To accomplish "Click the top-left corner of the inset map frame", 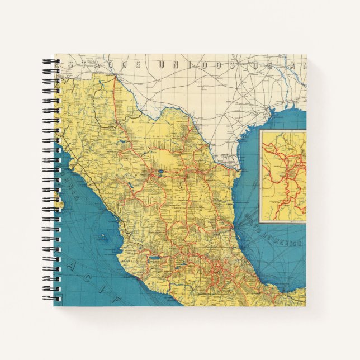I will point(260,130).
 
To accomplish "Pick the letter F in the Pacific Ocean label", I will point(117,300).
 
